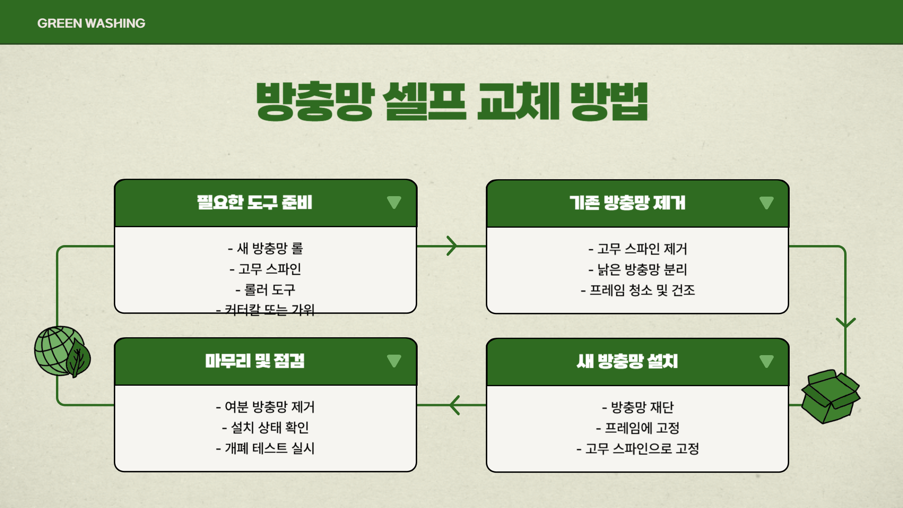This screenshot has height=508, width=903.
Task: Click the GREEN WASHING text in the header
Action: [x=91, y=23]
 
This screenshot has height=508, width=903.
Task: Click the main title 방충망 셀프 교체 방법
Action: [x=451, y=101]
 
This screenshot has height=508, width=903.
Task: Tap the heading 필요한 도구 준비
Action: [x=254, y=203]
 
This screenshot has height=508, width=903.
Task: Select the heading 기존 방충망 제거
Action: [x=627, y=203]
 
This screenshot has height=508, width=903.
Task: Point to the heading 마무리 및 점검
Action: [x=255, y=361]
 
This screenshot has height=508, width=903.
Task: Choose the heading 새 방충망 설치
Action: [x=627, y=362]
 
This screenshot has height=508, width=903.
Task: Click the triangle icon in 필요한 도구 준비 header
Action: [x=394, y=202]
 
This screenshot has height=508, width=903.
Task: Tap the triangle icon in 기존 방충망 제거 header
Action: [x=766, y=203]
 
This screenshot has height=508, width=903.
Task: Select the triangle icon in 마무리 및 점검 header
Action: [x=394, y=361]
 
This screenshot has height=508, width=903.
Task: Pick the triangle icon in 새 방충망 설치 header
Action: [x=766, y=361]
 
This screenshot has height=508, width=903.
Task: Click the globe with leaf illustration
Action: [x=62, y=352]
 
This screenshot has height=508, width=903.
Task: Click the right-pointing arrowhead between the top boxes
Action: [x=452, y=246]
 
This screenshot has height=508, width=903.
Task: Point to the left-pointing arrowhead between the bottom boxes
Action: [x=454, y=405]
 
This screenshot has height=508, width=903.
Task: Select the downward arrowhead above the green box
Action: [x=845, y=323]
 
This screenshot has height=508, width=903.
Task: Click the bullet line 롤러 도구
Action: [x=265, y=290]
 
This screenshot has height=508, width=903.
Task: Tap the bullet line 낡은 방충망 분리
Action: [x=638, y=270]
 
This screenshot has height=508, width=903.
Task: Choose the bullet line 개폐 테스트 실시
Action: [x=265, y=448]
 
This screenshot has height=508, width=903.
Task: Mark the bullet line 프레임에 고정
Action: [x=638, y=428]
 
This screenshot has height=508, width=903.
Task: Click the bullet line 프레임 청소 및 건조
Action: [x=638, y=290]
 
